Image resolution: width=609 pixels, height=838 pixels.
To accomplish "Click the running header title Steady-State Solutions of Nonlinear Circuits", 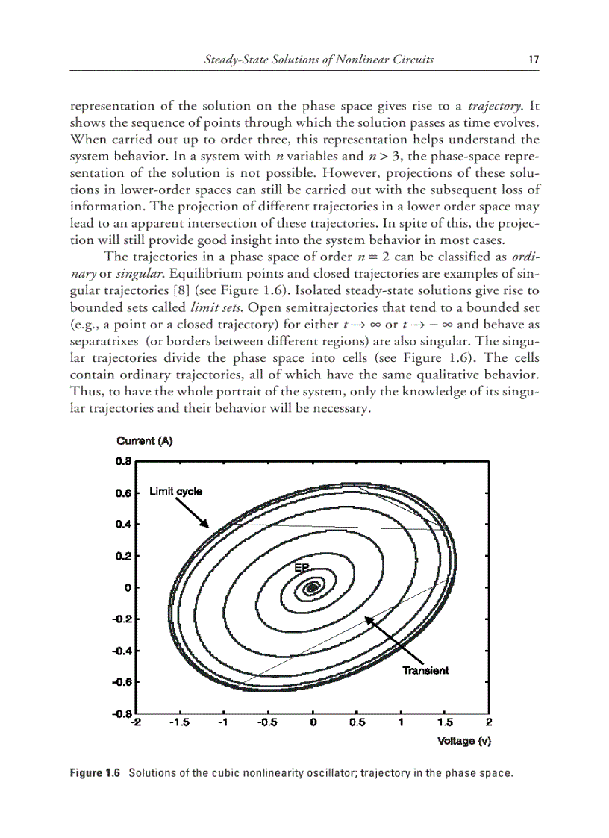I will (319, 60).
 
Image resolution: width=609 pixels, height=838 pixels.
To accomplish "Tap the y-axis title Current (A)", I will (144, 441).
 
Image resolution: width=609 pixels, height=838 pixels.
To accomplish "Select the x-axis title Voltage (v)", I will (463, 741).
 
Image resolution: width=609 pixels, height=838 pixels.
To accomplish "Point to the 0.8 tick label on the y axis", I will (123, 461).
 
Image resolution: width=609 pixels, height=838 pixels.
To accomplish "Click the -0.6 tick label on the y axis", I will (122, 682).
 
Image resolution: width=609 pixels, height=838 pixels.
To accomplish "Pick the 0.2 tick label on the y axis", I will (123, 556).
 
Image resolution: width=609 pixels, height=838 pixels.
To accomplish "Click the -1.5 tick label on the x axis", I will (179, 722).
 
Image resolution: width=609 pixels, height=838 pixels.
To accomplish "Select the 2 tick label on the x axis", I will (489, 722).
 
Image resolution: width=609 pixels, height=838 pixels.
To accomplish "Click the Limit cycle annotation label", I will (175, 491).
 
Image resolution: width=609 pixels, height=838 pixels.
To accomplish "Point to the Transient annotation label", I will (425, 670).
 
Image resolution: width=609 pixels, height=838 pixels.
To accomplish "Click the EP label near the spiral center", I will (301, 569).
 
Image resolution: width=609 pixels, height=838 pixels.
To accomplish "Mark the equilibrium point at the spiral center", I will (313, 588).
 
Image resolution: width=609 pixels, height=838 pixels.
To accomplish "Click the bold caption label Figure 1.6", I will (95, 773).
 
